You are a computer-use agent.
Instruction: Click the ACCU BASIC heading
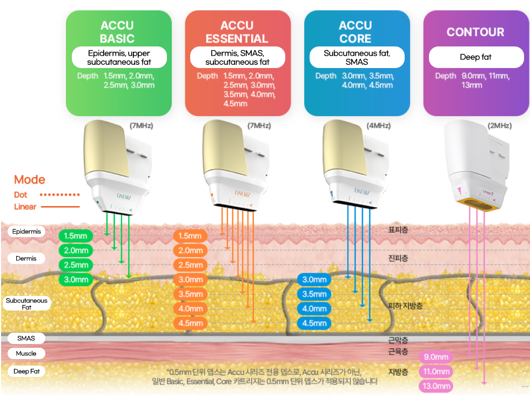pyautogui.click(x=117, y=32)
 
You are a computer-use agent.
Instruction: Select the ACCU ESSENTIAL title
pyautogui.click(x=237, y=32)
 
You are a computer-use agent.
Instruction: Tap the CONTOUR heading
pyautogui.click(x=475, y=32)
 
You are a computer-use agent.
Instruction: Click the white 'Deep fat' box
pyautogui.click(x=476, y=57)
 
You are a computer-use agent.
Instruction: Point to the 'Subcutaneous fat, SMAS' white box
pyautogui.click(x=357, y=57)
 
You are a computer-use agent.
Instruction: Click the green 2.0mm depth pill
pyautogui.click(x=76, y=251)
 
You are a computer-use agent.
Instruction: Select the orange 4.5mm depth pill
pyautogui.click(x=190, y=323)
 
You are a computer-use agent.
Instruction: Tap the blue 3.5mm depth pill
pyautogui.click(x=314, y=294)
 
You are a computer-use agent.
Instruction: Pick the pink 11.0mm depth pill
pyautogui.click(x=436, y=372)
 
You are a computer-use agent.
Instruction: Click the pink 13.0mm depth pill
pyautogui.click(x=436, y=386)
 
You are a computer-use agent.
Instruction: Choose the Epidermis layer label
pyautogui.click(x=26, y=232)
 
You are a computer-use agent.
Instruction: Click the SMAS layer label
pyautogui.click(x=26, y=339)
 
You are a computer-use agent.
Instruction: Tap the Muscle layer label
pyautogui.click(x=26, y=354)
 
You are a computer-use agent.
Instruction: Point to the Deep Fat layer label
pyautogui.click(x=26, y=372)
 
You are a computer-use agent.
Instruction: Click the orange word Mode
pyautogui.click(x=29, y=180)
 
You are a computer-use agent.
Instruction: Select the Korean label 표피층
pyautogui.click(x=398, y=230)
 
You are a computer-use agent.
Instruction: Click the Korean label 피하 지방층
pyautogui.click(x=405, y=306)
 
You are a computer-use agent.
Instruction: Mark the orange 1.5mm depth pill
pyautogui.click(x=190, y=236)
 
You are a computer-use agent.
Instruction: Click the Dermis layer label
pyautogui.click(x=26, y=259)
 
